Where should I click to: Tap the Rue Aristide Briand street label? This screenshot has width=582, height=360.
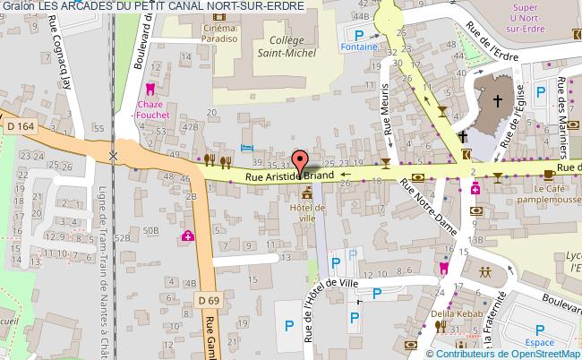point(289,177)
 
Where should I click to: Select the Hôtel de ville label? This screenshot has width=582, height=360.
point(309,212)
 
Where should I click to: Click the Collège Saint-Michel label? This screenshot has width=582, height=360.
point(289,46)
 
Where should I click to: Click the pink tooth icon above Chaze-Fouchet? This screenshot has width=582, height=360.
point(150,89)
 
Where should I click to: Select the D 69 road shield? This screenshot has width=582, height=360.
point(209,298)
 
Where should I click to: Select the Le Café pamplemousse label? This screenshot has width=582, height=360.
point(553,194)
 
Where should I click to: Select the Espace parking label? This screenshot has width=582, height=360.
point(540,343)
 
